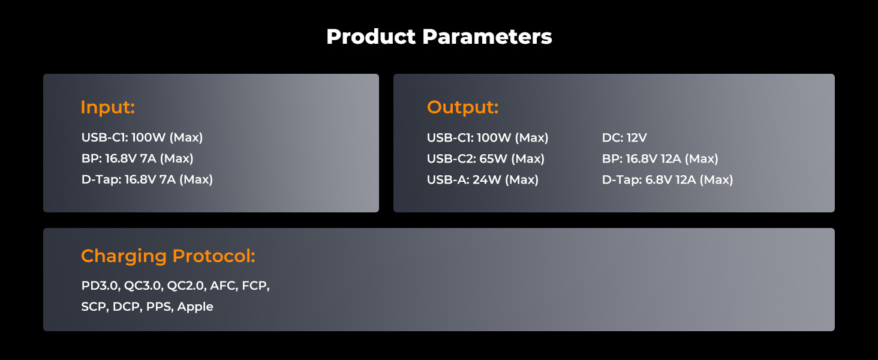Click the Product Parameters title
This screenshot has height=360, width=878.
(439, 37)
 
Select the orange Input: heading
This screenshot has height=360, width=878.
(108, 107)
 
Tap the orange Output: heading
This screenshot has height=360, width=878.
(462, 107)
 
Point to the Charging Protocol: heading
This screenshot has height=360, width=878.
(168, 256)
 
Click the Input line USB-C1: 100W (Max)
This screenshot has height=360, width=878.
(142, 137)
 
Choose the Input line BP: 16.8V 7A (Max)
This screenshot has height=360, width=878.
(137, 158)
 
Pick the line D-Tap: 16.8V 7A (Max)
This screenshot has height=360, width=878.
(147, 179)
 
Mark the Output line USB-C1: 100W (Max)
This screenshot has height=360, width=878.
(487, 137)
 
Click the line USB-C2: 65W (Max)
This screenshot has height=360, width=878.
(486, 159)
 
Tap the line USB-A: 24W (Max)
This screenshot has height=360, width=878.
(483, 179)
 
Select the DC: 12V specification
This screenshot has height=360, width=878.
(624, 137)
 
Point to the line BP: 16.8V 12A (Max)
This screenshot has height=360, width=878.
(660, 159)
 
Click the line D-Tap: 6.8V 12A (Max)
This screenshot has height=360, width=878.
(667, 179)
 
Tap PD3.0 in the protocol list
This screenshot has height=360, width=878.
(101, 286)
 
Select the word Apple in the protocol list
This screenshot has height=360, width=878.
(195, 307)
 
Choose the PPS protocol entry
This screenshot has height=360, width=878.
(160, 307)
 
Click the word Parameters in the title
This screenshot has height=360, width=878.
(487, 37)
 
